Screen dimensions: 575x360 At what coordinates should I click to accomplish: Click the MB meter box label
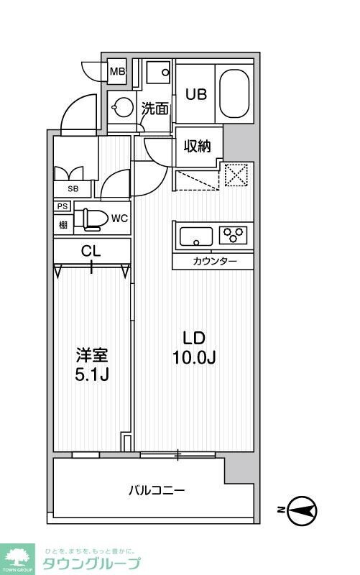pyautogui.click(x=118, y=72)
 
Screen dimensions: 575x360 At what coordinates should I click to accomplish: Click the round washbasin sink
pyautogui.click(x=124, y=109)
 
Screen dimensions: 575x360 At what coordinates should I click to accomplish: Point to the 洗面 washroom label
pyautogui.click(x=155, y=109)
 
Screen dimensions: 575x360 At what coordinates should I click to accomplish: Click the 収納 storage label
pyautogui.click(x=197, y=146)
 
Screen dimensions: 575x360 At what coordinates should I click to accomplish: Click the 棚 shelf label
pyautogui.click(x=63, y=224)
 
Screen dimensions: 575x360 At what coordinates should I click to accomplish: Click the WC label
pyautogui.click(x=119, y=218)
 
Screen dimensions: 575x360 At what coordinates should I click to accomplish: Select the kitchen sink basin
pyautogui.click(x=195, y=236)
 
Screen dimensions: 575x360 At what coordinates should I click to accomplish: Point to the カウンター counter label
pyautogui.click(x=214, y=261)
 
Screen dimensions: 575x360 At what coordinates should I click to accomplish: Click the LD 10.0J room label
pyautogui.click(x=194, y=347)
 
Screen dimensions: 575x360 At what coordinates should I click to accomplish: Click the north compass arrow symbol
pyautogui.click(x=302, y=510)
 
